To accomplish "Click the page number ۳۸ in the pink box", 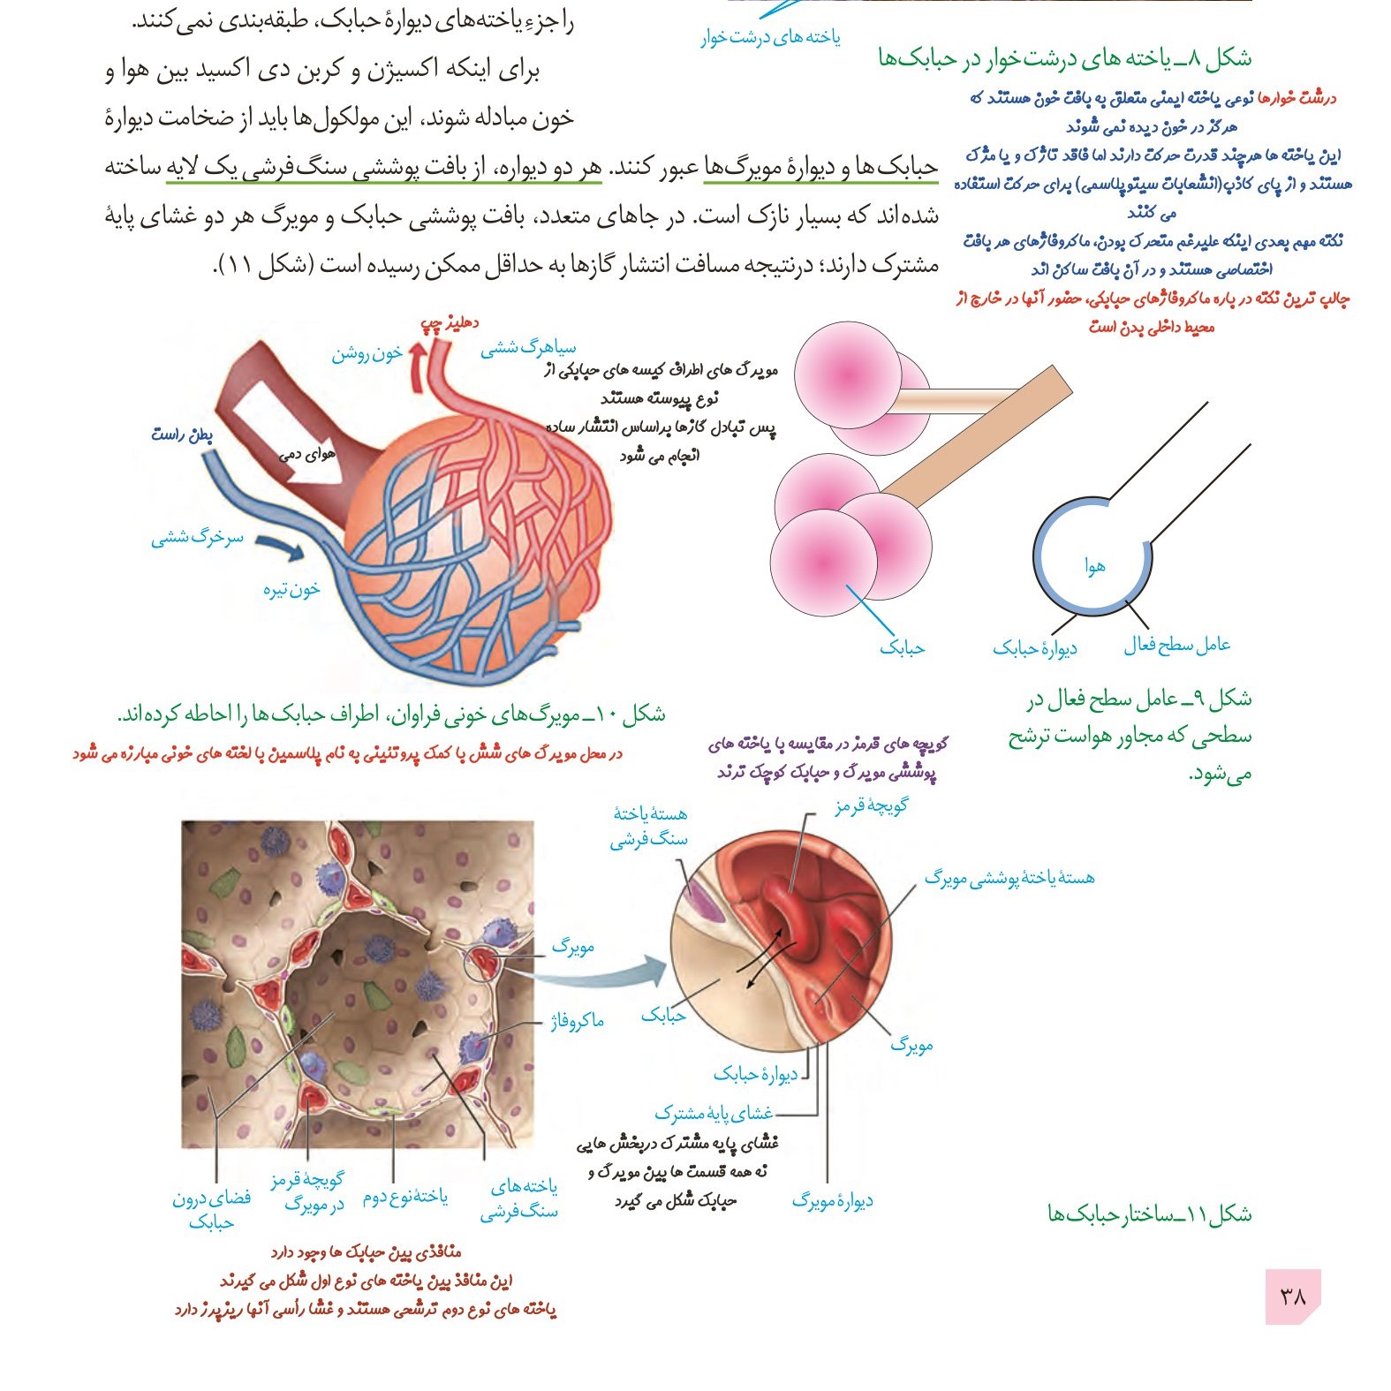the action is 1292,1296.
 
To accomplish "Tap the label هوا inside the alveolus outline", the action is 1095,566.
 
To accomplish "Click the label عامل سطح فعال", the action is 1176,645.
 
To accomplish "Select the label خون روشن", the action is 367,353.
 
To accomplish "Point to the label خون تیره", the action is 291,589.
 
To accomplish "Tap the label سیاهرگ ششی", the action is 527,347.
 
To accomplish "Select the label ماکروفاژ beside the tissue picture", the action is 577,1022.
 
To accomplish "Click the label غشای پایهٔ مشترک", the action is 714,1113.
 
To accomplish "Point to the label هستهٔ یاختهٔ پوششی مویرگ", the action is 1009,878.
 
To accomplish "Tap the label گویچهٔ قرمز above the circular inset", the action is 871,805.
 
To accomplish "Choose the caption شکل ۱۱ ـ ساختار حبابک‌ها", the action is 1149,1213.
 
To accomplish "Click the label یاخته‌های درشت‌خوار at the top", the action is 770,38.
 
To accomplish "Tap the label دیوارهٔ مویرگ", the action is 832,1200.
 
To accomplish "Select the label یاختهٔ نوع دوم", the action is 405,1197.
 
